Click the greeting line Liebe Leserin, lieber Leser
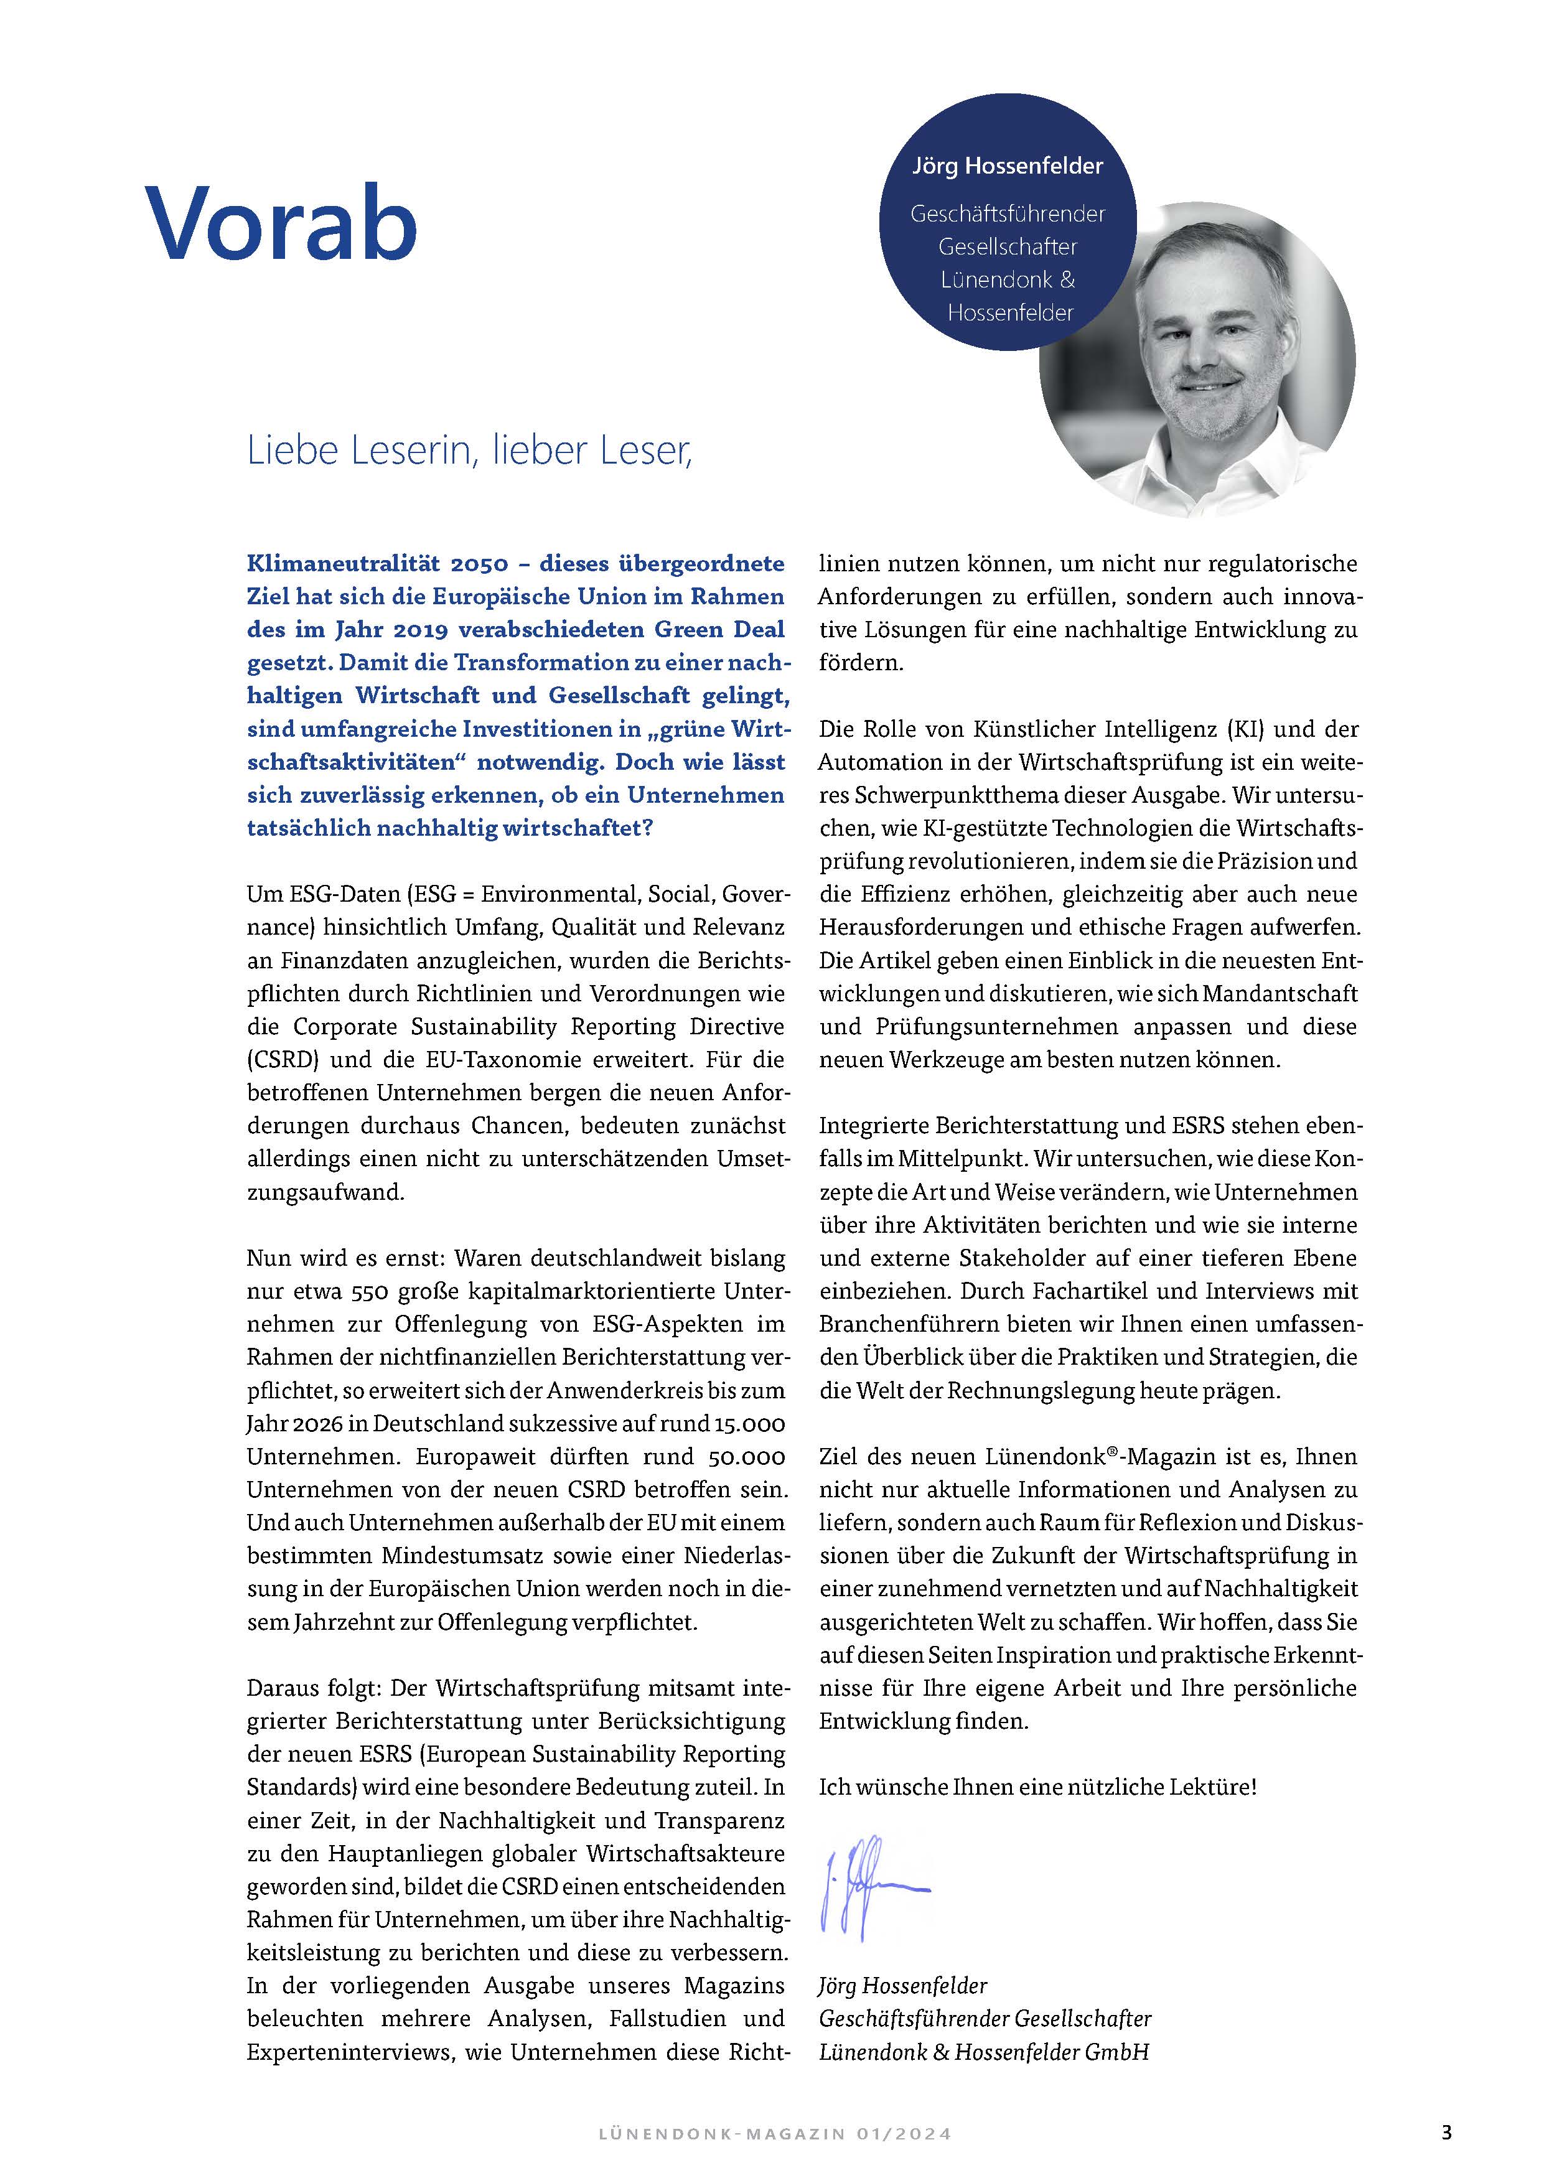(x=470, y=451)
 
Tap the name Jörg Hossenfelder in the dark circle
(x=1007, y=166)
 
